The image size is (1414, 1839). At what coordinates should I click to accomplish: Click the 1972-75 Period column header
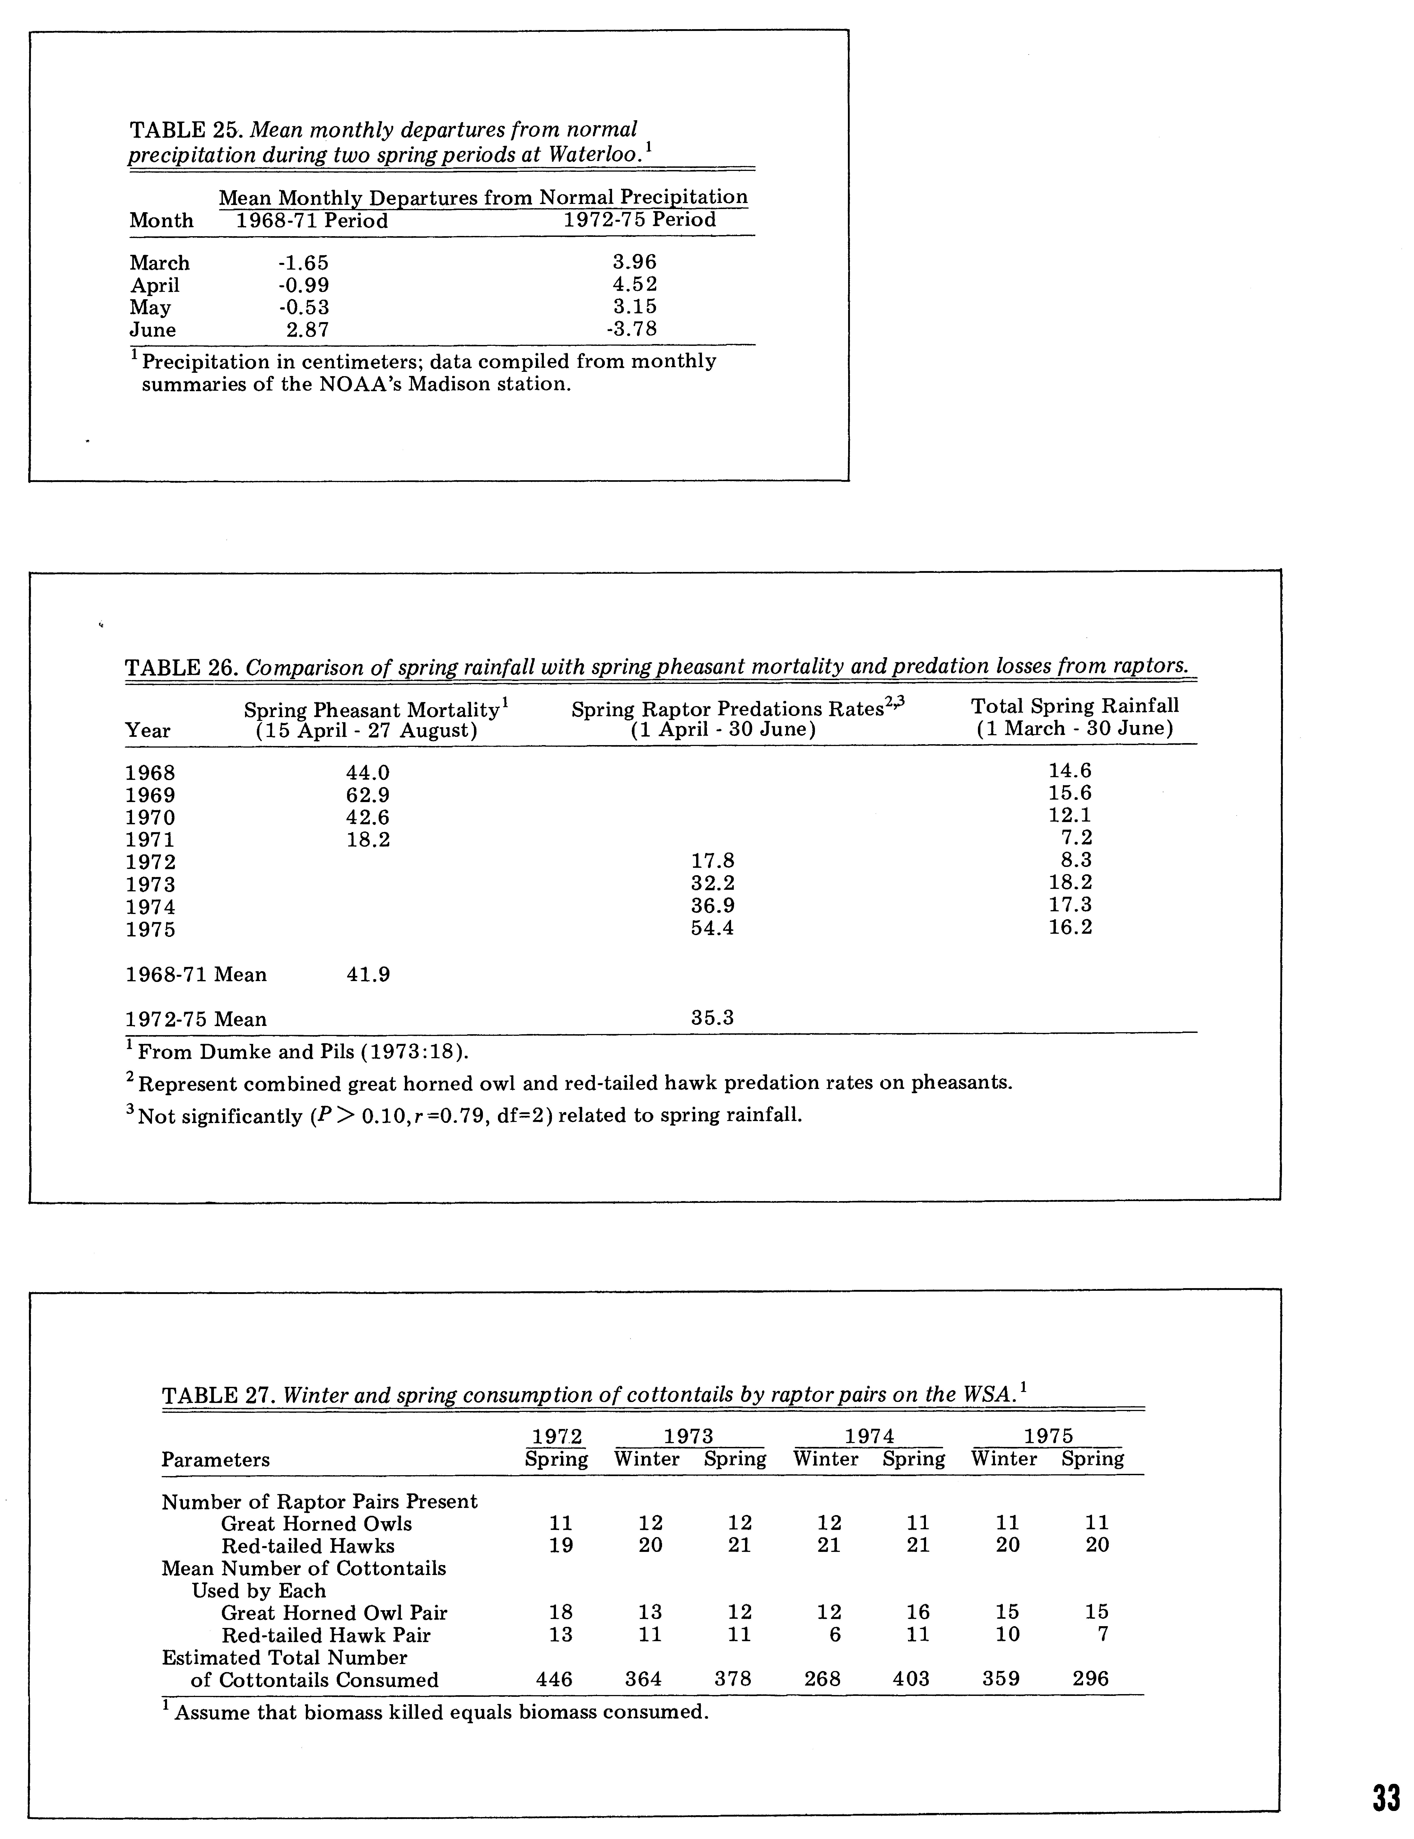pyautogui.click(x=640, y=221)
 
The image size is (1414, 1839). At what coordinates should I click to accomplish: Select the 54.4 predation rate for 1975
pyautogui.click(x=712, y=929)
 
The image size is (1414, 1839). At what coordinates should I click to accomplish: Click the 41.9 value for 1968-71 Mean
pyautogui.click(x=368, y=975)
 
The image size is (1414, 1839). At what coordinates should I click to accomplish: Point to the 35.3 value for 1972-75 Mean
pyautogui.click(x=712, y=1018)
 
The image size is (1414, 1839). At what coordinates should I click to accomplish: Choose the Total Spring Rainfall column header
pyautogui.click(x=1075, y=707)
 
